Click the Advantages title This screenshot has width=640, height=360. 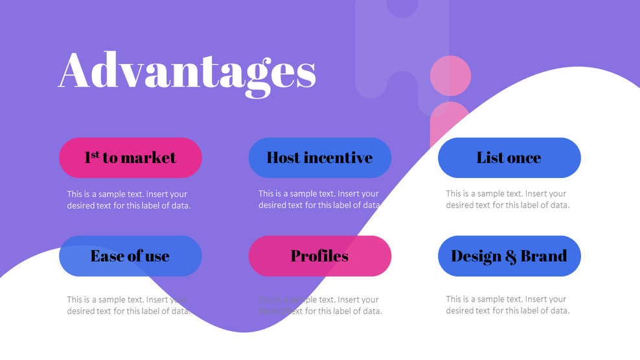point(187,71)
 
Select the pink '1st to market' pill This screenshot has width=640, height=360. point(130,157)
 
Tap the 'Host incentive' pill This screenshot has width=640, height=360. point(320,157)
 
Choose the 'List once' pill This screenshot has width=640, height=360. point(509,157)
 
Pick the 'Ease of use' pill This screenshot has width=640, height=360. point(130,256)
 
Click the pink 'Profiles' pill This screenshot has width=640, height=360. point(320,256)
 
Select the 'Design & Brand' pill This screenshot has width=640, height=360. point(509,256)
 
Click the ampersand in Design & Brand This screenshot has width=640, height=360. point(510,257)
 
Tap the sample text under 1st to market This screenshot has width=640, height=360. point(128,199)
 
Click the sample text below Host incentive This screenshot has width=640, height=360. point(319,199)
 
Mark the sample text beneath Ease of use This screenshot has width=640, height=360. point(128,305)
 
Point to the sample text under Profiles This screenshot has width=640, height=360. point(319,305)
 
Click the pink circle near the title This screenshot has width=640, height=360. point(450,76)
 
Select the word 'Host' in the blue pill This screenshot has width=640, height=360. point(283,157)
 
